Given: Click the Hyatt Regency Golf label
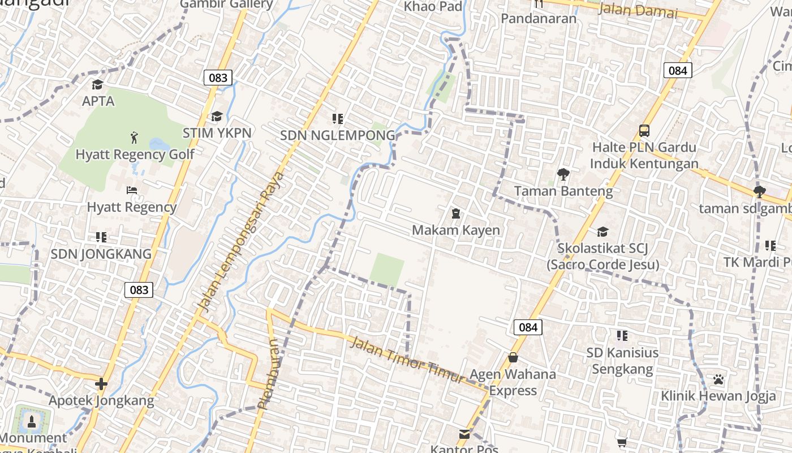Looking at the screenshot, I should click(135, 154).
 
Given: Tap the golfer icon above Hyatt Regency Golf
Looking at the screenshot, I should click(134, 137).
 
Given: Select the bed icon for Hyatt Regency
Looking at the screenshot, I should click(132, 190).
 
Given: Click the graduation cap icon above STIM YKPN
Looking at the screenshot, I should click(217, 117).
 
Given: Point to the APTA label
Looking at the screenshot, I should click(98, 101).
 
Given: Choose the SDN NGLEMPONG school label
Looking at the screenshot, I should click(338, 135).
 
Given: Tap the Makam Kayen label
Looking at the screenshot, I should click(456, 230).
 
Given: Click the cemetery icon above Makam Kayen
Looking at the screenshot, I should click(455, 213).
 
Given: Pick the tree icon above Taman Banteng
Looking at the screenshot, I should click(563, 174).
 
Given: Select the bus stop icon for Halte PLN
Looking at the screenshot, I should click(644, 131).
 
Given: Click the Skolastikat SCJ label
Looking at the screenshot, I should click(602, 256).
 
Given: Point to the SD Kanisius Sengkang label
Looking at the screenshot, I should click(622, 361).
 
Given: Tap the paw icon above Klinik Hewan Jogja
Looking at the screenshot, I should click(718, 379).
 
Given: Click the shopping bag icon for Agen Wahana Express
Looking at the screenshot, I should click(513, 357).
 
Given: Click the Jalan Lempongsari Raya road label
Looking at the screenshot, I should click(240, 241).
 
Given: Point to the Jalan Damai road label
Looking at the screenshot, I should click(638, 10).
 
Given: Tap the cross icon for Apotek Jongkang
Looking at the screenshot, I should click(101, 384).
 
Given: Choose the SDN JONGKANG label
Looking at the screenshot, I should click(101, 254).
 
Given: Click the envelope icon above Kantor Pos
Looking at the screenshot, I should click(464, 434).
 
